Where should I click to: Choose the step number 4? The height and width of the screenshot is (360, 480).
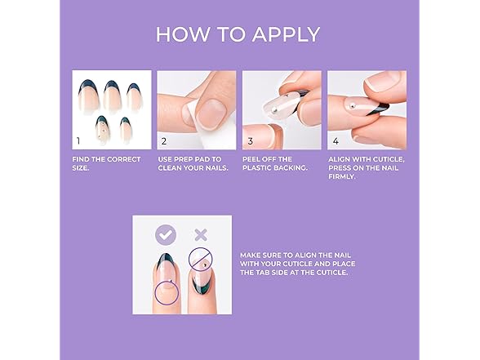[335, 140]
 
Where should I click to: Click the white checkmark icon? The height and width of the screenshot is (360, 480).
[166, 235]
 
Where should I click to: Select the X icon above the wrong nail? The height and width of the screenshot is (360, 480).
[200, 235]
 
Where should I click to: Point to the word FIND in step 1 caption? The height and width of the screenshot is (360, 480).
[84, 159]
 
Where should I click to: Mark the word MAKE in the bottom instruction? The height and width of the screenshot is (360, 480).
[251, 255]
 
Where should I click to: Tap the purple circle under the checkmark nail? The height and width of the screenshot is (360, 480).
[166, 292]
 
